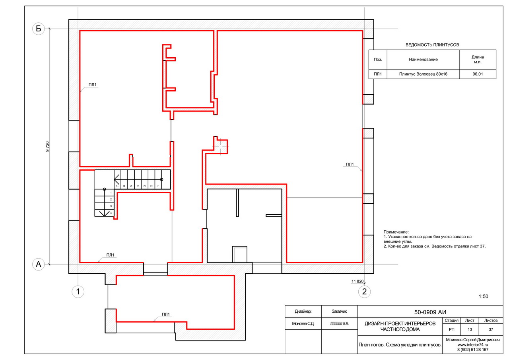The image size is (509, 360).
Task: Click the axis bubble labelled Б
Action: coord(39,29)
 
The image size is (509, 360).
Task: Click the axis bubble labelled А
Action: coord(39,264)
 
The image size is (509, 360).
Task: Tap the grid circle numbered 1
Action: coord(78,292)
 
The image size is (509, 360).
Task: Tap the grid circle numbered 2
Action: coord(365,292)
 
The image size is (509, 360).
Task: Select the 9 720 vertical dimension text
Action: coord(47,147)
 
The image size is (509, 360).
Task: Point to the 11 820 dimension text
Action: coord(357,281)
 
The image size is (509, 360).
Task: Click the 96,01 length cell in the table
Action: coord(478,74)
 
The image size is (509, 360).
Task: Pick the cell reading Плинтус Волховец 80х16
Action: coord(423,74)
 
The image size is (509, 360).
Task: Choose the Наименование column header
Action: coord(423,60)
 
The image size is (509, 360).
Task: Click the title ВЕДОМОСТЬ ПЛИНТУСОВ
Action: coord(432,45)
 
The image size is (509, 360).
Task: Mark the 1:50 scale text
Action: coord(483,296)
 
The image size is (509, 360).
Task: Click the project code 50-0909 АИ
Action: coord(430,312)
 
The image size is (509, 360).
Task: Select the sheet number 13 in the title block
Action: coord(470,329)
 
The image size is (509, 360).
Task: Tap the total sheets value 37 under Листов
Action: coord(491,329)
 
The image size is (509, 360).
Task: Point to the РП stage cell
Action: coord(451,329)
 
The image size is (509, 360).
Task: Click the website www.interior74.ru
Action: coord(473,345)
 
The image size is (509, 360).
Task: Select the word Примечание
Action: coord(396,232)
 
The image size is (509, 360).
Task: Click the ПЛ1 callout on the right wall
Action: coord(350,164)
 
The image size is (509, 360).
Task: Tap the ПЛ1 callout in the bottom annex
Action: coord(166,314)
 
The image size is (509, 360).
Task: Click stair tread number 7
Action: coord(117,186)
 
